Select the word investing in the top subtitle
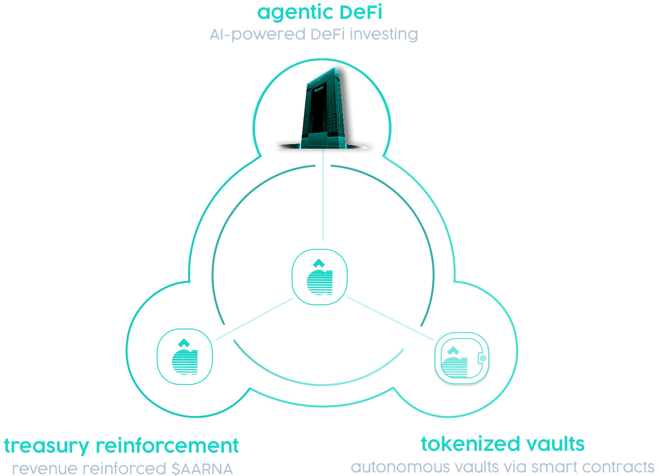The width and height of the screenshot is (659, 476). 384,34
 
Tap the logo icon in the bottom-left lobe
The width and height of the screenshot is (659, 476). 185,357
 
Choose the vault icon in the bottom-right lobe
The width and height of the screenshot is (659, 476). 461,359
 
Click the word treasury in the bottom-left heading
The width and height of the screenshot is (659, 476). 47,446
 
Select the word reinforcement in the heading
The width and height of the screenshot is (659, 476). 167,446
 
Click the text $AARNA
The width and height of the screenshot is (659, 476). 202,469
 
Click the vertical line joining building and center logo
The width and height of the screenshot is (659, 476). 323,202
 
